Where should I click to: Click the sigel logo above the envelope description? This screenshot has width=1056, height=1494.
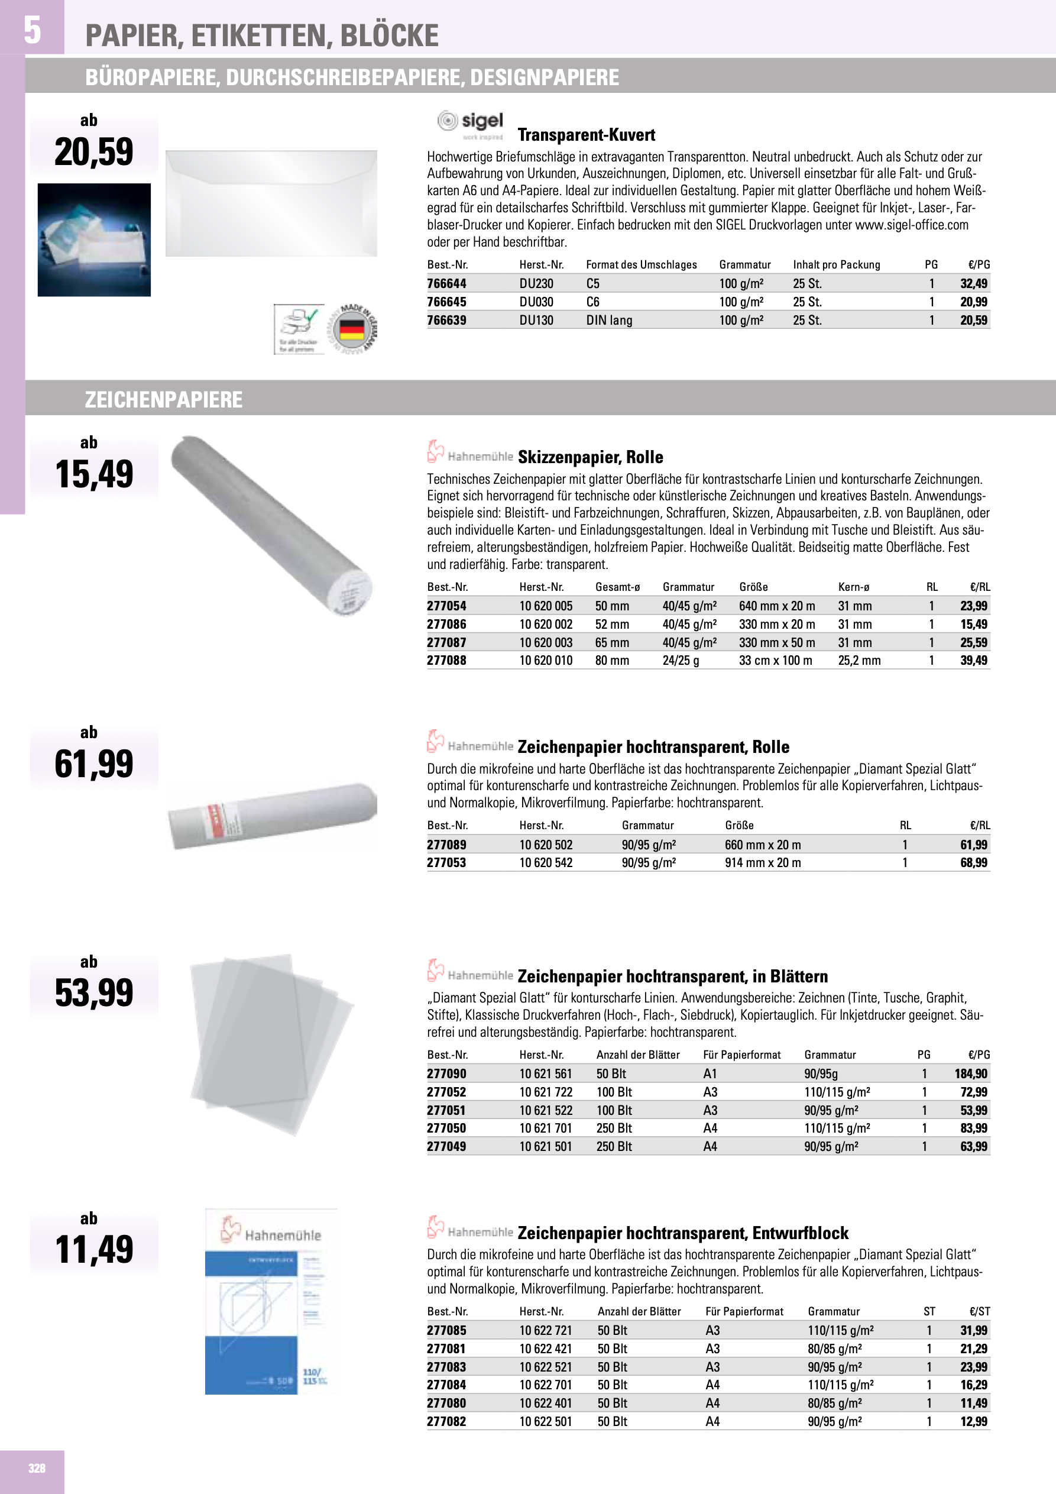click(x=471, y=124)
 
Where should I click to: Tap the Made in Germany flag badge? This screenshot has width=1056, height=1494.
click(x=351, y=329)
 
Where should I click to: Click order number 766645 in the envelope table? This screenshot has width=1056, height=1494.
click(x=446, y=302)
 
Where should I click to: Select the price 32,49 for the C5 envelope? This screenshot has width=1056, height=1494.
click(x=973, y=284)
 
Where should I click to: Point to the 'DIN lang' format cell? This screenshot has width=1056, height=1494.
click(x=609, y=320)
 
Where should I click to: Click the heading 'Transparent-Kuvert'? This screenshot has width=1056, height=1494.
click(x=586, y=135)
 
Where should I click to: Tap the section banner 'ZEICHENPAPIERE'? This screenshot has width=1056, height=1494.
click(x=163, y=399)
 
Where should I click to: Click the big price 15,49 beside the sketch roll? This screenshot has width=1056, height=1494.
click(x=95, y=474)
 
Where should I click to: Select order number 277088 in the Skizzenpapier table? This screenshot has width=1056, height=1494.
click(x=446, y=661)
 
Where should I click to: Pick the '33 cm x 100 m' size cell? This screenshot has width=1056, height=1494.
click(x=775, y=661)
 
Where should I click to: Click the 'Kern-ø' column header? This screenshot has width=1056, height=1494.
click(x=854, y=587)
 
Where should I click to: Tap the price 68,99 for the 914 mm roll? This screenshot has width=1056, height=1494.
click(x=973, y=863)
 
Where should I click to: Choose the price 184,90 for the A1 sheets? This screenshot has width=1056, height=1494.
click(x=971, y=1073)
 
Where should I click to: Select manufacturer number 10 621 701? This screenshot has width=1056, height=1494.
click(x=545, y=1128)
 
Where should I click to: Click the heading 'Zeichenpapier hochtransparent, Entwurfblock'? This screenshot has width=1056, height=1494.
click(x=682, y=1233)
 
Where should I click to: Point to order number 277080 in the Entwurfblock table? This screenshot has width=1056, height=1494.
click(x=446, y=1404)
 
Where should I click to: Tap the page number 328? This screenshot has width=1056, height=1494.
click(x=37, y=1468)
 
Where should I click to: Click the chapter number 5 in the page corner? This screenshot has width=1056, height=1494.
click(x=32, y=30)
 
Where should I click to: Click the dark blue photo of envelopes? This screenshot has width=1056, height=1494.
click(x=95, y=240)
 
